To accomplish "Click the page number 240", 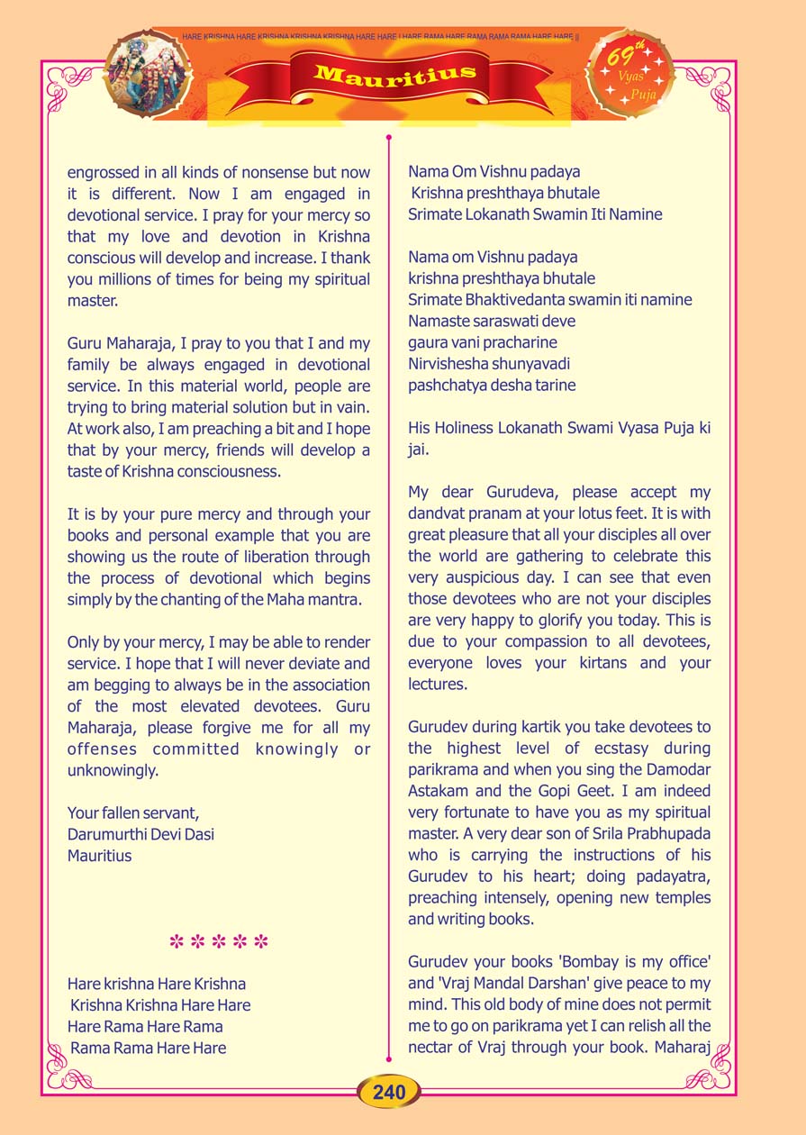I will (x=389, y=1093).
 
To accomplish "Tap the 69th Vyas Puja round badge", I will (x=629, y=75).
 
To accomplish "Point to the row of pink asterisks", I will (x=219, y=943).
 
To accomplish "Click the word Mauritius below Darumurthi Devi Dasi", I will (x=99, y=856).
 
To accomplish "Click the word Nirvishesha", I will (x=452, y=364).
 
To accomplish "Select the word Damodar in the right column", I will (x=680, y=769).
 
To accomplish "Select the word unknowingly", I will (x=113, y=770).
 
